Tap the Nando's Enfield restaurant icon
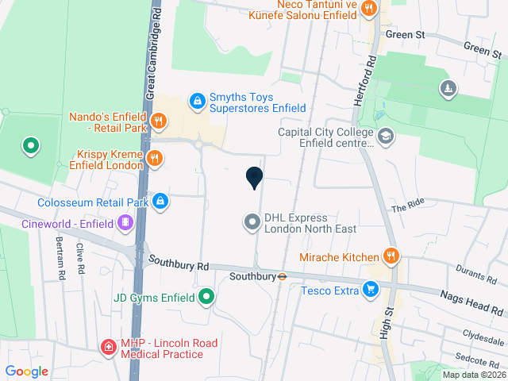(x=160, y=121)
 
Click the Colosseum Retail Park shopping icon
(x=161, y=201)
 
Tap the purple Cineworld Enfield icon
(x=124, y=223)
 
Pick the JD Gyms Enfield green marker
(x=206, y=298)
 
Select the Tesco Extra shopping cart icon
(x=370, y=291)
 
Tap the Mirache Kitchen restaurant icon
(x=390, y=256)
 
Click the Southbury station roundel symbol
(x=282, y=277)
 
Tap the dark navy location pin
(x=254, y=178)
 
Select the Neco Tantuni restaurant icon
(x=368, y=10)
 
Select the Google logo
(x=26, y=371)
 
